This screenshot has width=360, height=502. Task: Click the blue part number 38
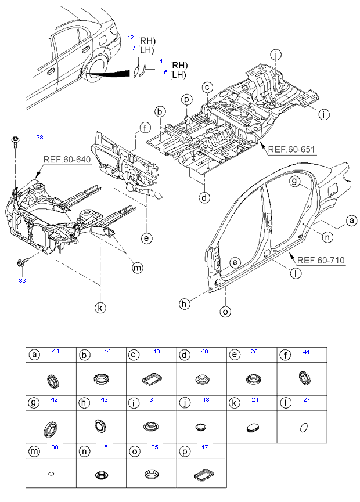(x=39, y=138)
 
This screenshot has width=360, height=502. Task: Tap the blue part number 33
(x=23, y=281)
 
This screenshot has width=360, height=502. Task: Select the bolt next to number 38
(x=15, y=142)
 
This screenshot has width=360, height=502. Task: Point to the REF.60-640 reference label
(x=67, y=160)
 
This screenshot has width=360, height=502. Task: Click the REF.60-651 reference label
(x=291, y=149)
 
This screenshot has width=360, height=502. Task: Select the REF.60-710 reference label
(x=321, y=260)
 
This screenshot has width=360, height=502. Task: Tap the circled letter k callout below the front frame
(x=100, y=308)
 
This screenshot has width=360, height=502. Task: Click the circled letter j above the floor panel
(x=275, y=55)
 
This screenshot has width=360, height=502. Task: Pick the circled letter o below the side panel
(x=226, y=312)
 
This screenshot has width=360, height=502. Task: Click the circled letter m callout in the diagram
(x=138, y=268)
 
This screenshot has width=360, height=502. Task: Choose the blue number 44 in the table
(x=56, y=352)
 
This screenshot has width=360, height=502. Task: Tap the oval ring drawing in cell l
(x=304, y=427)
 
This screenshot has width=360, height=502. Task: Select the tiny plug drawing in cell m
(x=51, y=473)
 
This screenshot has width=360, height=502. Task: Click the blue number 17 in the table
(x=205, y=447)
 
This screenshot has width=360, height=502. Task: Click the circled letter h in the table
(x=84, y=402)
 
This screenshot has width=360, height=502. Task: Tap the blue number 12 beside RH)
(x=131, y=38)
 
